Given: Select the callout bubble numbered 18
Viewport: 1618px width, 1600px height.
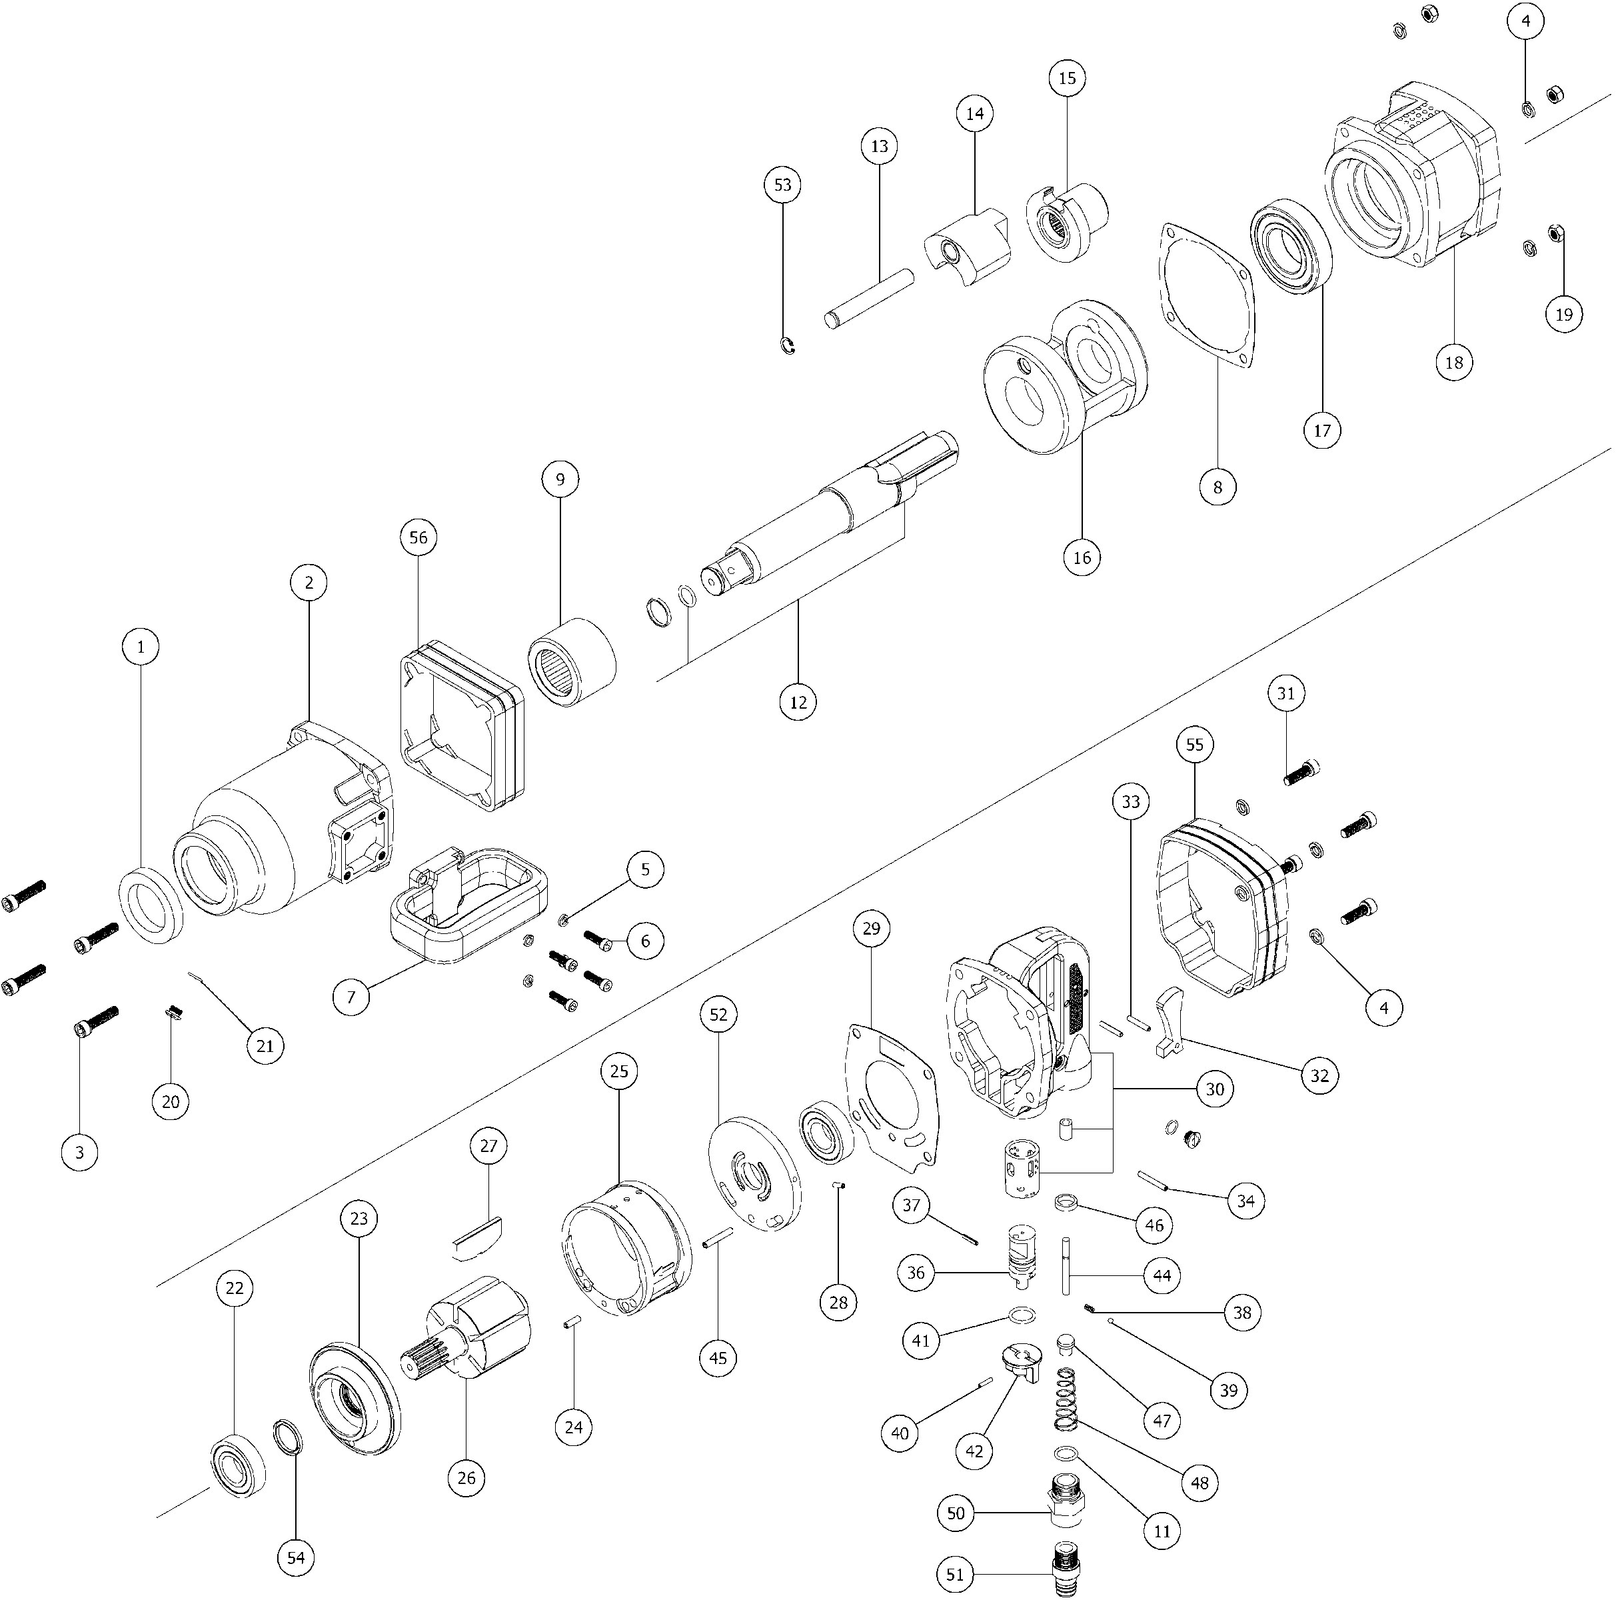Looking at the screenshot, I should click(x=1454, y=362).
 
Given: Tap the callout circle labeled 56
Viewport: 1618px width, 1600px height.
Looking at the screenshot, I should click(x=418, y=538).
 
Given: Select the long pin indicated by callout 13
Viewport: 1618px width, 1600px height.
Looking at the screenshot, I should click(x=868, y=297).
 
